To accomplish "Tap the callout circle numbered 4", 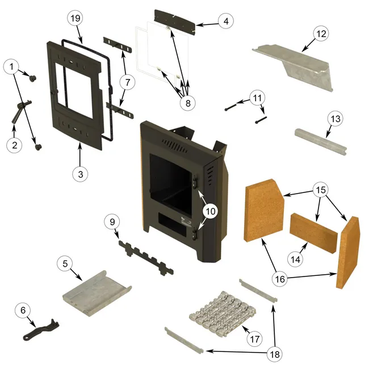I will pos(226,22).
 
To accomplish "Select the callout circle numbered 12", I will pos(321,33).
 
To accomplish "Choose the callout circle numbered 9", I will pos(112,222).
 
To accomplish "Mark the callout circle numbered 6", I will pos(23,310).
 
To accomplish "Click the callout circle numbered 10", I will pos(211,210).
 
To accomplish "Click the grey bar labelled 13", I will pos(320,141).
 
